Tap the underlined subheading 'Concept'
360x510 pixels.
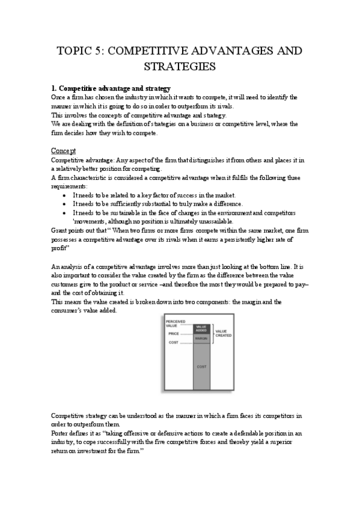click(x=63, y=150)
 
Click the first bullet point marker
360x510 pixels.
click(x=65, y=195)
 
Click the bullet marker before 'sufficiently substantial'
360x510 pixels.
click(x=65, y=204)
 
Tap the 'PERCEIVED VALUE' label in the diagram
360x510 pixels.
click(x=176, y=323)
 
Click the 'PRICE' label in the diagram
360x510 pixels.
click(x=174, y=333)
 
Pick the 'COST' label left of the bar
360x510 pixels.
click(x=173, y=342)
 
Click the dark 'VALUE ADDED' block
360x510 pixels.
click(x=201, y=328)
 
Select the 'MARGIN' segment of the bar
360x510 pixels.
click(x=201, y=339)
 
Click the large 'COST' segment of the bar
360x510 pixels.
click(x=201, y=366)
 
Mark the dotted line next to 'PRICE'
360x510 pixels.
click(x=186, y=334)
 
